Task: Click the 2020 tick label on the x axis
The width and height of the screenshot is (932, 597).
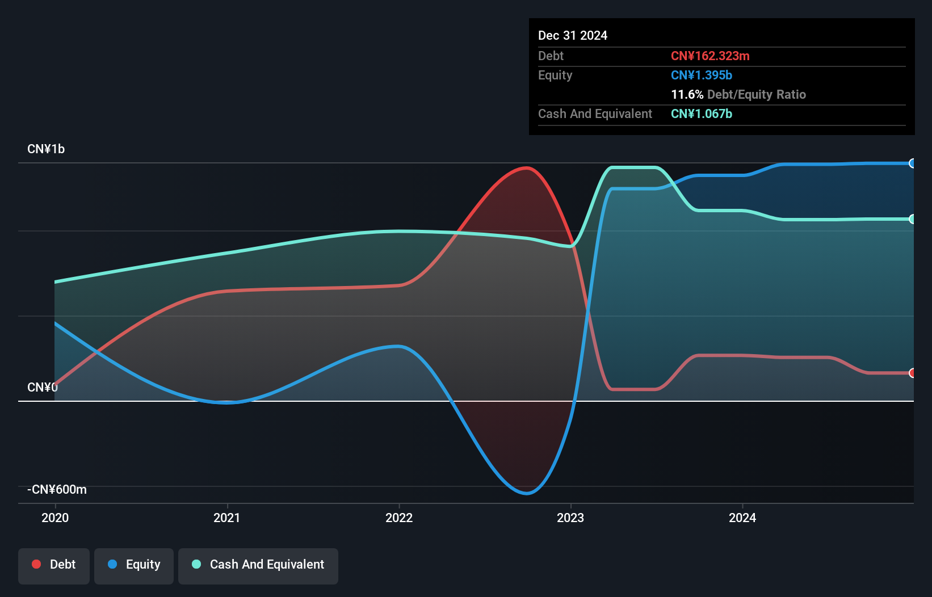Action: coord(55,518)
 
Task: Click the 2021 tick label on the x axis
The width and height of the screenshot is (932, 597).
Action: coord(227,518)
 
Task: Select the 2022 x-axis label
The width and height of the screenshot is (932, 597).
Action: coord(399,518)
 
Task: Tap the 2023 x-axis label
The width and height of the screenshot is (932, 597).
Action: coord(570,518)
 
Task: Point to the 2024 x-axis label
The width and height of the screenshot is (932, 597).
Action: coord(742,518)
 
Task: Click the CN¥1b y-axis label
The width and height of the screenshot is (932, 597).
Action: coord(46,149)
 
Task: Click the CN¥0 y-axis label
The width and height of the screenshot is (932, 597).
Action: coord(43,388)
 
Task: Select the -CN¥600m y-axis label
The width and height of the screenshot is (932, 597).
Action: coord(57,490)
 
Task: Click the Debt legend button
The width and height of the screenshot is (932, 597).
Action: coord(54,565)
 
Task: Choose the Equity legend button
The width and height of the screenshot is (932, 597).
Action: coord(134,565)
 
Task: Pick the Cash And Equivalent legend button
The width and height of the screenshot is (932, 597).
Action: coord(258,565)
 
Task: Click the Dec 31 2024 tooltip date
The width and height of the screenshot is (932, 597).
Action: coord(573,36)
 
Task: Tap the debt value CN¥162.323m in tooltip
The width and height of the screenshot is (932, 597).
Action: coord(710,56)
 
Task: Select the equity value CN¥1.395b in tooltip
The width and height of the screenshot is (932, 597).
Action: coord(702,75)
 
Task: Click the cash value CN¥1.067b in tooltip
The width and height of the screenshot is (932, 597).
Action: coord(702,114)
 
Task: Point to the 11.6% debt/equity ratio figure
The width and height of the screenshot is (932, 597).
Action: coord(687,95)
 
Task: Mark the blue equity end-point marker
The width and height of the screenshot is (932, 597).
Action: coord(912,163)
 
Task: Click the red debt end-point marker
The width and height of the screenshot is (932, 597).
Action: coord(912,373)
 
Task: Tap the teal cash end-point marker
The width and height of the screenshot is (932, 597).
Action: coord(912,219)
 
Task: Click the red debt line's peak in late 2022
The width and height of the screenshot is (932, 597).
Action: coord(527,168)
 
